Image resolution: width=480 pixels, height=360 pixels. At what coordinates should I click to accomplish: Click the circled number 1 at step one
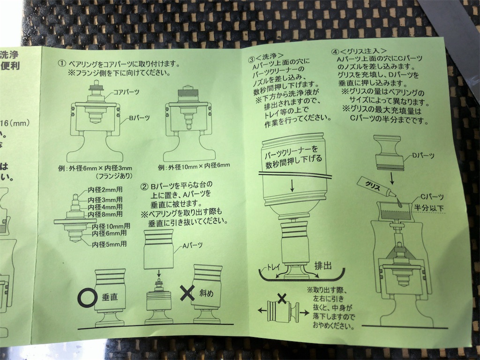[x=61, y=63]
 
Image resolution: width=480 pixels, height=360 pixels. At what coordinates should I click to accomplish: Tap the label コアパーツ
[x=127, y=93]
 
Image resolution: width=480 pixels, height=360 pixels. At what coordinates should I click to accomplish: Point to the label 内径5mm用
[x=110, y=244]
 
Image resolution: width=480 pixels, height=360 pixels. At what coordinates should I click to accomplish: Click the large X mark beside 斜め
[x=187, y=294]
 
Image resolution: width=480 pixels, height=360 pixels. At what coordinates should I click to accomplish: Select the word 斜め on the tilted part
[x=207, y=293]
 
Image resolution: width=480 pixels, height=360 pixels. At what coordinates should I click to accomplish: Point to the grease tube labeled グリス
[x=372, y=186]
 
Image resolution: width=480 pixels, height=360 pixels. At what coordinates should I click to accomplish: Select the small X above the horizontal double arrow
[x=282, y=297]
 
